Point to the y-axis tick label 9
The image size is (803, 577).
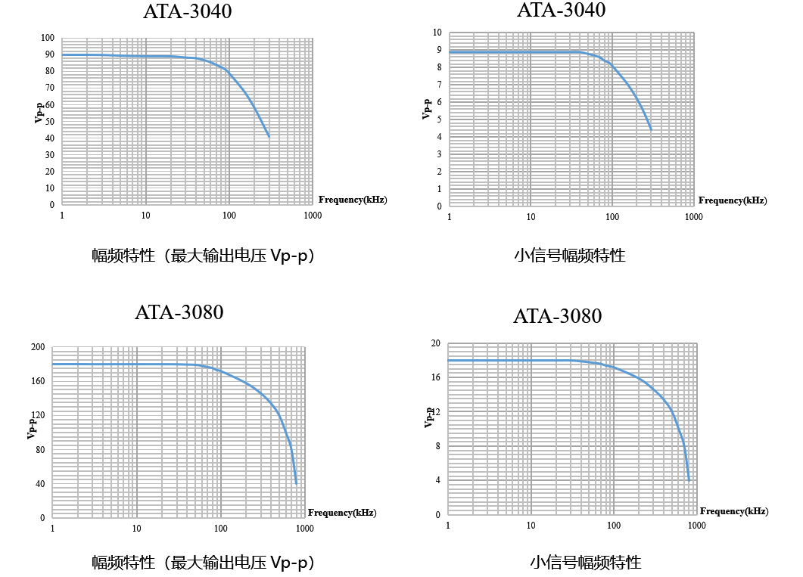click(x=438, y=50)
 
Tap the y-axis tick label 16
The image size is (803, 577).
click(x=435, y=377)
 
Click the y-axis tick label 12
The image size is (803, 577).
click(x=435, y=411)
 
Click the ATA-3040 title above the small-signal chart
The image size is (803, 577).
click(x=561, y=11)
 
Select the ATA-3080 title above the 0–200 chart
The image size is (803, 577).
click(x=179, y=312)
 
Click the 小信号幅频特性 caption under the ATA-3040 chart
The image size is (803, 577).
click(x=569, y=256)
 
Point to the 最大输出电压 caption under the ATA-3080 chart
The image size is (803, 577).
click(x=203, y=563)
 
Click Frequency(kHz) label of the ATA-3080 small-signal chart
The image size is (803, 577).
click(x=733, y=511)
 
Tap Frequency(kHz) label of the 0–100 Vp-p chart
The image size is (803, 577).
click(x=353, y=200)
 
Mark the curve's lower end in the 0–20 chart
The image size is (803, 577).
click(x=689, y=480)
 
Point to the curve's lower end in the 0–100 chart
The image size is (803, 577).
click(x=269, y=136)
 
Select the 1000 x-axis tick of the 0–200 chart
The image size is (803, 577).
click(x=305, y=528)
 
